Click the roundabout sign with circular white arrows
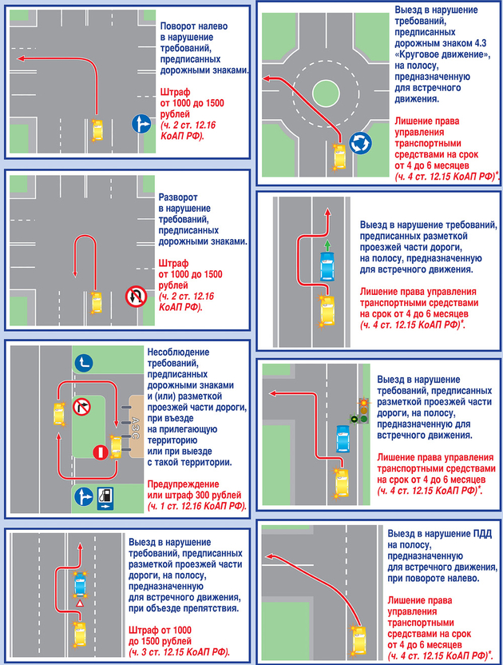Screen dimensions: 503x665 [x=360, y=143]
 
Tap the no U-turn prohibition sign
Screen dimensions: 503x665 [x=136, y=296]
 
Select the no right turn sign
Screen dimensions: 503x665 [x=81, y=408]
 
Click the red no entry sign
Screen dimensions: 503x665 [x=101, y=452]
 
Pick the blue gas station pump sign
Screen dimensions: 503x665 [x=105, y=497]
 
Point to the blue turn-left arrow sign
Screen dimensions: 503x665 [x=84, y=363]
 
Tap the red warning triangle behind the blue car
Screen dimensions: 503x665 [x=79, y=603]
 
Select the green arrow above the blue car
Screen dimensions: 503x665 [x=327, y=245]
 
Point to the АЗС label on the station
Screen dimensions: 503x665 [x=136, y=428]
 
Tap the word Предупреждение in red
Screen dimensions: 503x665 [x=183, y=484]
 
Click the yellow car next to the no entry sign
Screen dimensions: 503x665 [x=116, y=447]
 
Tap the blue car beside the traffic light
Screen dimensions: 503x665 [x=343, y=438]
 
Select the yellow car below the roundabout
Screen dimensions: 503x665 [x=339, y=157]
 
